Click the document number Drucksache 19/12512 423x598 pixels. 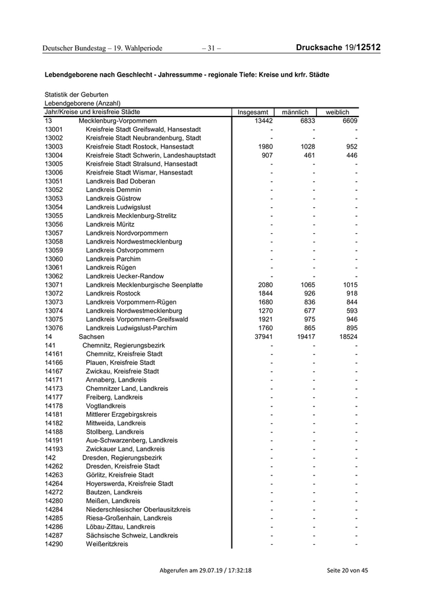(338, 47)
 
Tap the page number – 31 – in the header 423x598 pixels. (211, 48)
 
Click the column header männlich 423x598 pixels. (295, 112)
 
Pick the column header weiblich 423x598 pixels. (337, 112)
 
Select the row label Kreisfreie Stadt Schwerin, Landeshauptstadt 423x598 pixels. (150, 155)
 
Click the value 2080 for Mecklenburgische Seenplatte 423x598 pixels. (263, 285)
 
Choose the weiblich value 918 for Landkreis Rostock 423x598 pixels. (349, 294)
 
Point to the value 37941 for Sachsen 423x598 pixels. (262, 337)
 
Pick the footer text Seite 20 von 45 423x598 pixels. (346, 570)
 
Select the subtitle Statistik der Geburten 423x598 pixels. (76, 95)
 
